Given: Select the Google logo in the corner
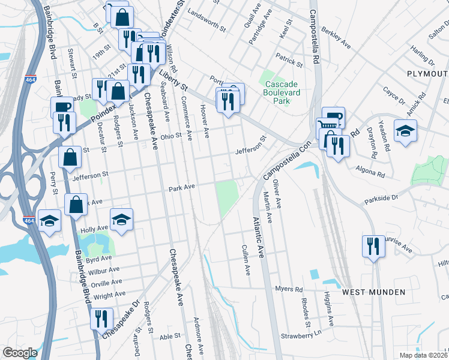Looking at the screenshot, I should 20,353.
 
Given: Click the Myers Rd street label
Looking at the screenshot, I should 289,289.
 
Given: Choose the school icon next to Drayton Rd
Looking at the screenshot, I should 405,131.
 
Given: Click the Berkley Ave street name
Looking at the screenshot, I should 336,37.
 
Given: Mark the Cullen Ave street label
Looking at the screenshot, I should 246,260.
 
